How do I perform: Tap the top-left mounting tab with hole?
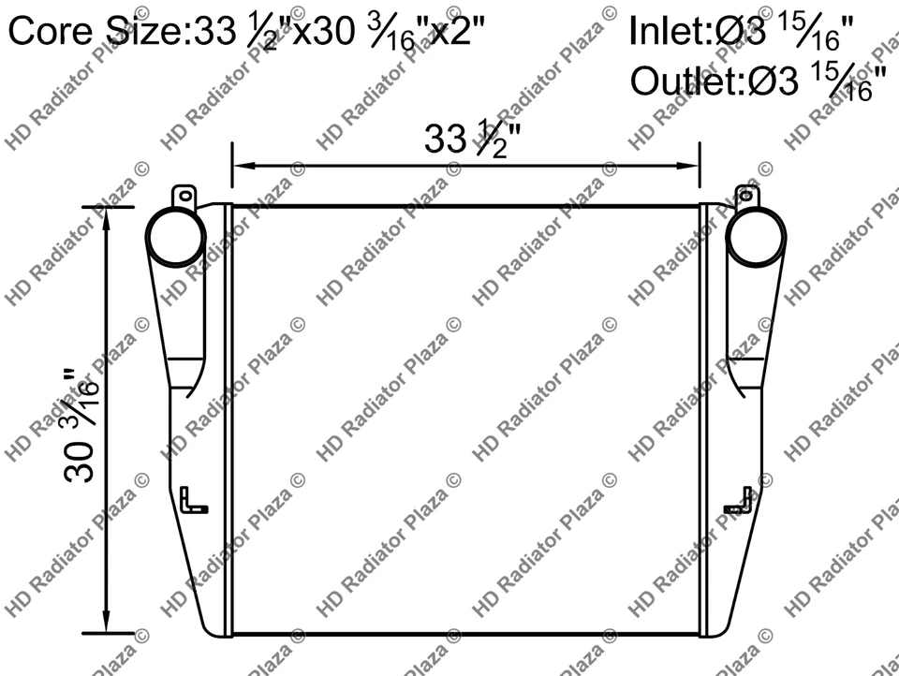point(184,198)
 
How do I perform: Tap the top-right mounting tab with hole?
point(746,197)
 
